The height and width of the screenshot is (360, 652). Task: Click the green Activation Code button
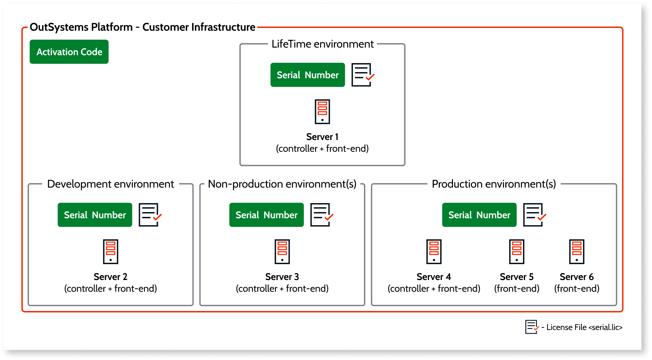click(69, 52)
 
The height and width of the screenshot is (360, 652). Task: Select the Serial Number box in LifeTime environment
click(307, 75)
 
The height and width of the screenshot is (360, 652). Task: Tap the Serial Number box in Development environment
click(95, 215)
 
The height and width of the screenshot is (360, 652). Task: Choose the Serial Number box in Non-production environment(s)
click(266, 215)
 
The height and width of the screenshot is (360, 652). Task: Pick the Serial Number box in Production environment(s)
click(479, 215)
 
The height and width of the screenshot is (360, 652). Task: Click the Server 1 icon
click(322, 112)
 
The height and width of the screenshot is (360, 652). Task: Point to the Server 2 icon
click(110, 252)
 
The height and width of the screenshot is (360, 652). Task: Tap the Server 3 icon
click(282, 252)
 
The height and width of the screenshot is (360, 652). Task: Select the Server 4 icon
click(434, 252)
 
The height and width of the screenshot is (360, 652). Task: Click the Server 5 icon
click(517, 252)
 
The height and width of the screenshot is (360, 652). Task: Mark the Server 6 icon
click(576, 252)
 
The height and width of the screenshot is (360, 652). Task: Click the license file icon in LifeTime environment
click(362, 75)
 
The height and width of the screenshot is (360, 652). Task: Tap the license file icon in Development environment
click(149, 215)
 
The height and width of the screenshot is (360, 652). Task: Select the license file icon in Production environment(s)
click(534, 215)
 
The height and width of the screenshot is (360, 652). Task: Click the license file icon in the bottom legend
click(532, 327)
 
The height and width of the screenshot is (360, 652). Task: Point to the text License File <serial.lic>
click(584, 327)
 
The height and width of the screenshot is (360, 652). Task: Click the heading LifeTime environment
click(322, 44)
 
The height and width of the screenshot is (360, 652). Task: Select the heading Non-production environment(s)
click(282, 184)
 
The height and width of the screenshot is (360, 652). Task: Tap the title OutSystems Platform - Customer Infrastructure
click(142, 27)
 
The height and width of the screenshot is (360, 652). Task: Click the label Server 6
click(576, 277)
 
